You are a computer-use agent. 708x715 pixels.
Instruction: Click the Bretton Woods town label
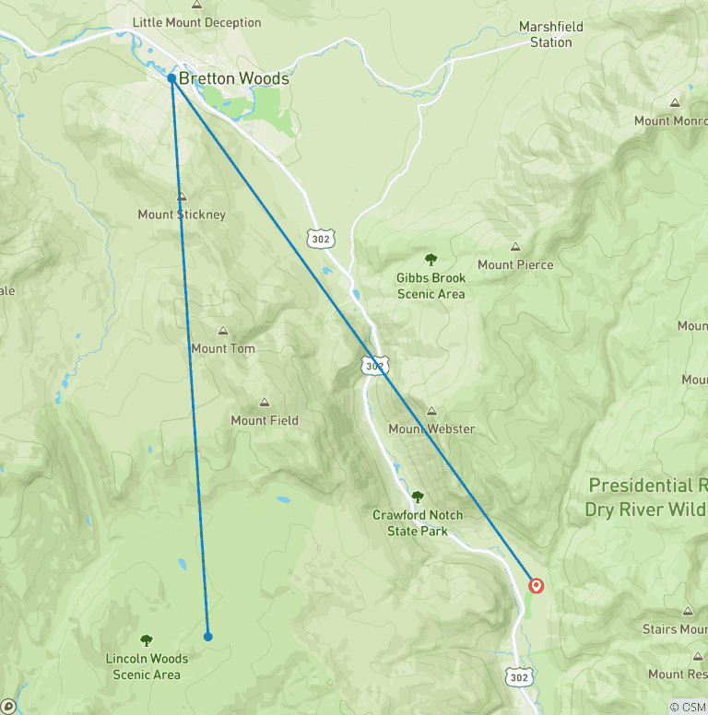click(233, 79)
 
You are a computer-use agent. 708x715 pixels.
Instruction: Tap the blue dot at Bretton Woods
click(172, 78)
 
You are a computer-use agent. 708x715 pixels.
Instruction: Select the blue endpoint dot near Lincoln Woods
click(207, 636)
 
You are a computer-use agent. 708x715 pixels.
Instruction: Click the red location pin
click(535, 585)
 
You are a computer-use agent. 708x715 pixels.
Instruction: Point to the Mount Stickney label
click(182, 215)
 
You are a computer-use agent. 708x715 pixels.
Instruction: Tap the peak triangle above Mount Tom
click(222, 331)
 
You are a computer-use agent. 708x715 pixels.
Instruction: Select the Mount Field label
click(265, 420)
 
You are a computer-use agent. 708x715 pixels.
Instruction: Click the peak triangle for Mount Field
click(265, 403)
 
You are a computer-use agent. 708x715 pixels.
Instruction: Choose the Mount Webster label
click(431, 428)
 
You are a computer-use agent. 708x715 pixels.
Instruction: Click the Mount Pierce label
click(515, 264)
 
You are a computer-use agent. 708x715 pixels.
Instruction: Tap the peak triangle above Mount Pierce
click(515, 247)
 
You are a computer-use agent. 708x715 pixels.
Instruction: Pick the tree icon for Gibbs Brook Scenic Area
click(431, 260)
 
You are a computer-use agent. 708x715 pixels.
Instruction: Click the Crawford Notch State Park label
click(418, 522)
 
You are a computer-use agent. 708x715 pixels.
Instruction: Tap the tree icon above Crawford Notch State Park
click(418, 497)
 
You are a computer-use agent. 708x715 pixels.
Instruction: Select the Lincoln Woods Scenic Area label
click(147, 666)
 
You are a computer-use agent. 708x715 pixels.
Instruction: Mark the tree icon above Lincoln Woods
click(146, 640)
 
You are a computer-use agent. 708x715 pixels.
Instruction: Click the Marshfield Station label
click(545, 34)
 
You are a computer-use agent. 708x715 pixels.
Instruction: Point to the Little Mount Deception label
click(196, 22)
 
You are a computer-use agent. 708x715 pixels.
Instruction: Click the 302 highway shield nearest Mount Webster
click(372, 366)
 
